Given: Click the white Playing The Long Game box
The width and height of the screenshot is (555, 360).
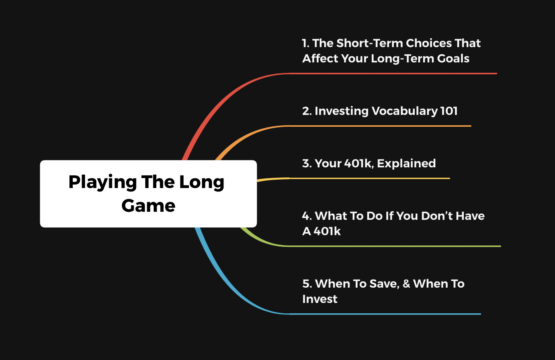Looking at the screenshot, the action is [x=148, y=194].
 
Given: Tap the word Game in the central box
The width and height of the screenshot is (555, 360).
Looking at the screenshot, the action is [x=148, y=206].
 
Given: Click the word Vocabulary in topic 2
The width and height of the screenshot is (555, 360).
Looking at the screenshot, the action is [x=405, y=111].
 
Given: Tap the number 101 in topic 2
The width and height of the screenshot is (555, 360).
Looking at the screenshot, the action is [x=449, y=111].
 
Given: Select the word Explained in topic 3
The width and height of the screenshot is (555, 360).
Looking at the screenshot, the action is [x=406, y=164].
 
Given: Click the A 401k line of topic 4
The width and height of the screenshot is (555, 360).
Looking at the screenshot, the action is [x=321, y=231].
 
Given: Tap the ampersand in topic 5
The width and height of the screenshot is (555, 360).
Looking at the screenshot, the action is [x=406, y=284].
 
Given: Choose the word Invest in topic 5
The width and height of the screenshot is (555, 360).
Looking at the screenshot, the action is [x=320, y=299].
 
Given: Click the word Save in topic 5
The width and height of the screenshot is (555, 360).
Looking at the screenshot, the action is [x=384, y=284].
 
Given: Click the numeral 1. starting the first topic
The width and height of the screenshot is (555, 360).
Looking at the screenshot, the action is [x=305, y=43].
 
